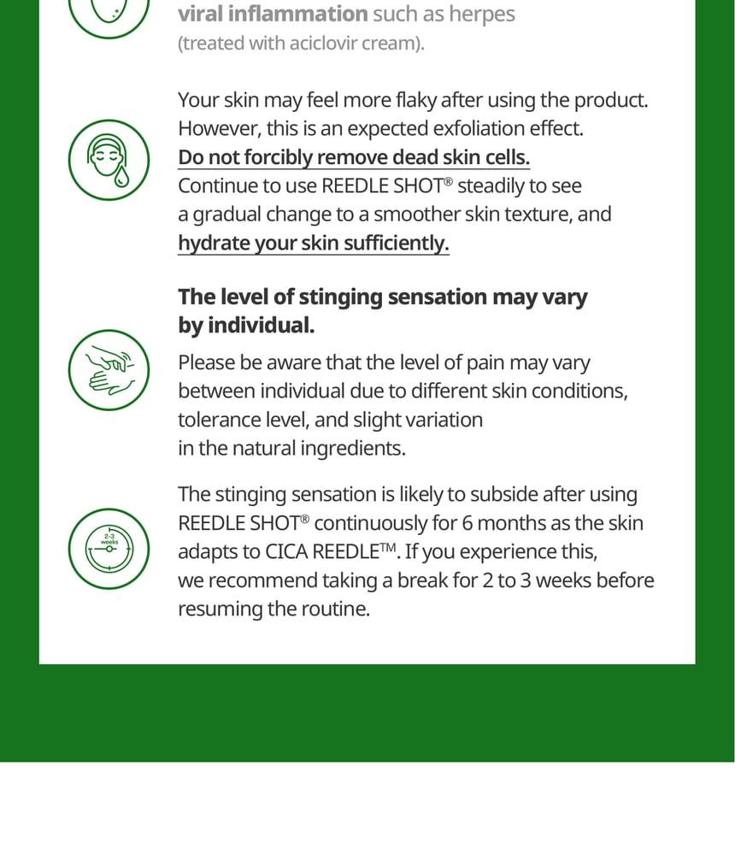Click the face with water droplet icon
(109, 160)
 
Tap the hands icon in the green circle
(109, 370)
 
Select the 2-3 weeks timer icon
(109, 549)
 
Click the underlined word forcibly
(278, 157)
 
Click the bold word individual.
(262, 326)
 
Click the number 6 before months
(467, 523)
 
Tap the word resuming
(220, 609)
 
